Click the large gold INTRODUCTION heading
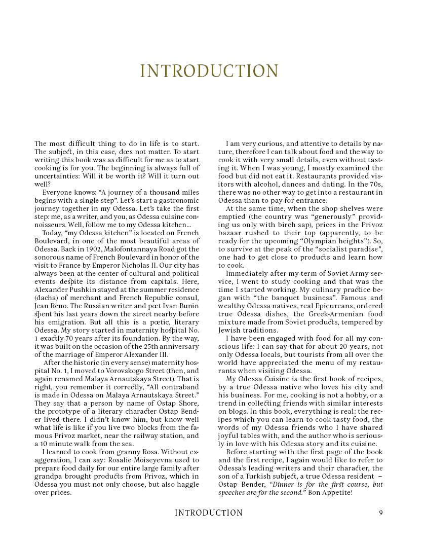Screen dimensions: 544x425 point(209,71)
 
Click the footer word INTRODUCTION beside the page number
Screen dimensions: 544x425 point(209,513)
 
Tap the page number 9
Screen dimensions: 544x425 point(380,513)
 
